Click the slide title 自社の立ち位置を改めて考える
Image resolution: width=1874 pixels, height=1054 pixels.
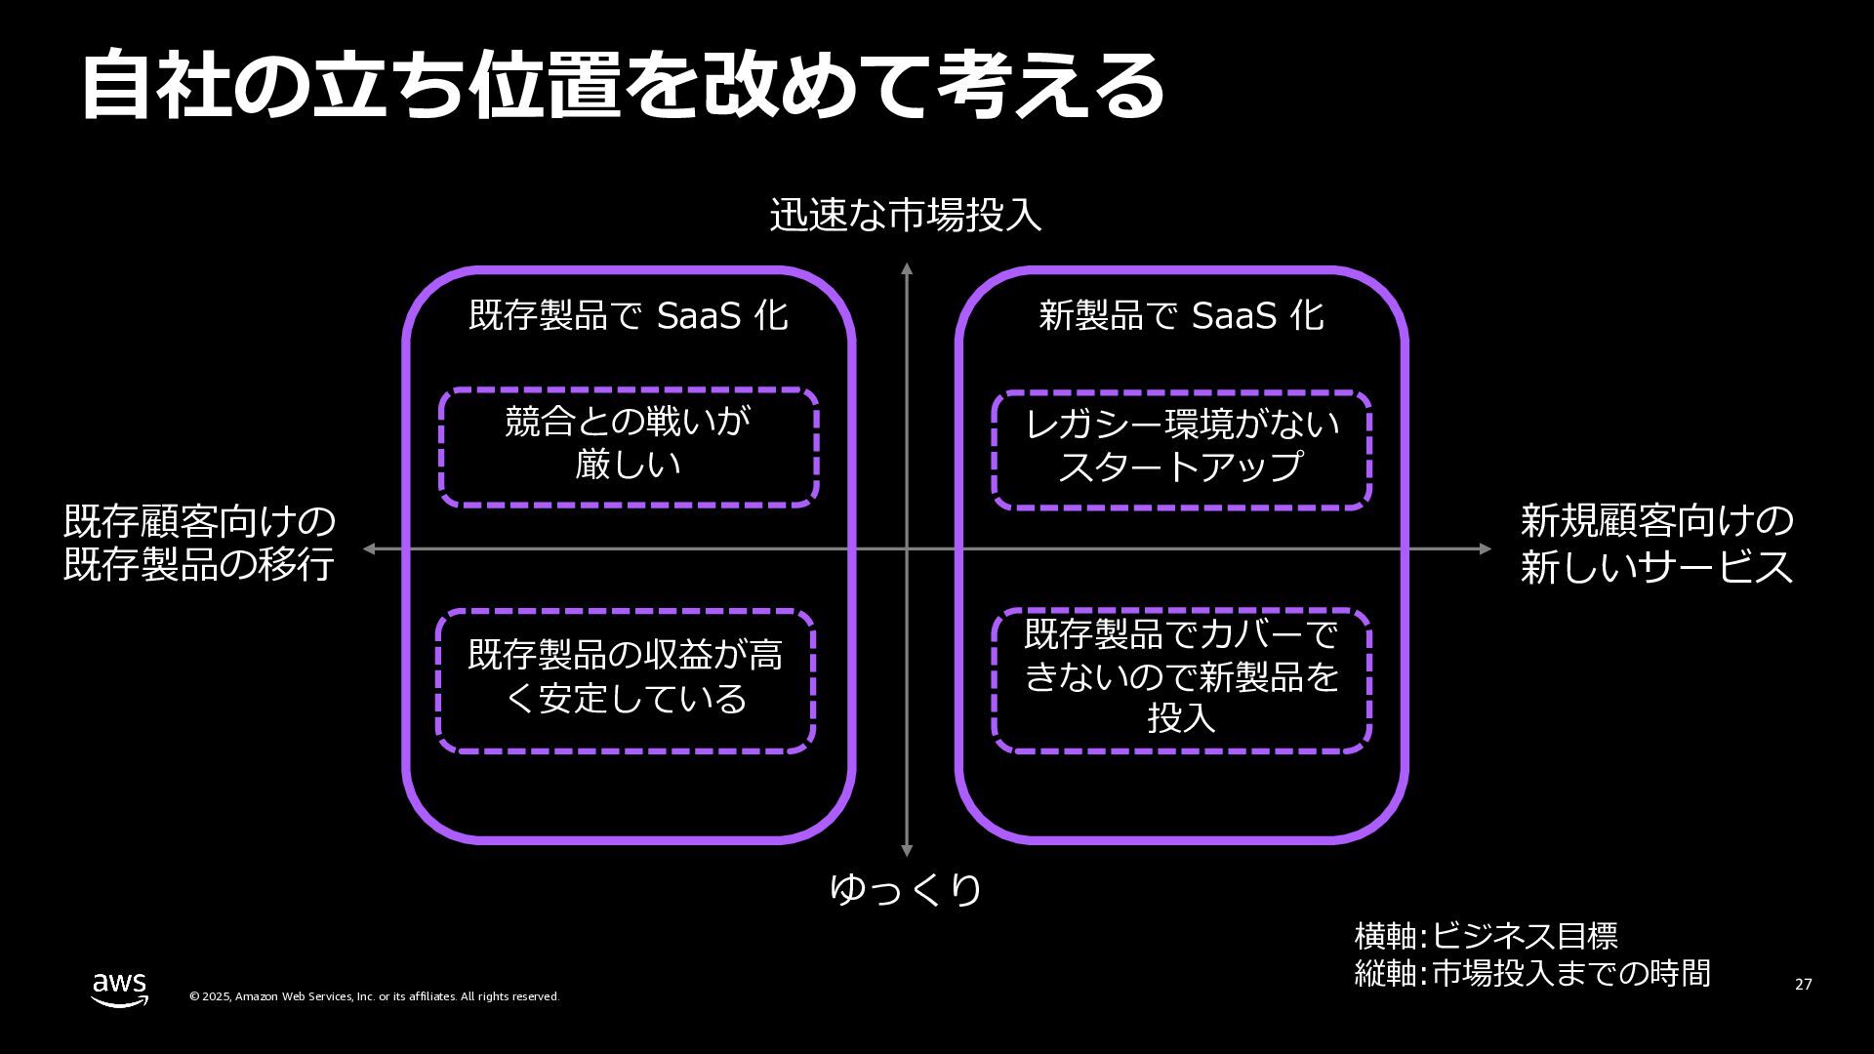click(623, 86)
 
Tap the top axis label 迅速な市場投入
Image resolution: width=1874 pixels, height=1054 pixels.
click(906, 215)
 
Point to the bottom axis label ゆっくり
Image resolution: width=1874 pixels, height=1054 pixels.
click(906, 889)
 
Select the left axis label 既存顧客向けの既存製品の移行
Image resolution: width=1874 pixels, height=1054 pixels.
click(199, 544)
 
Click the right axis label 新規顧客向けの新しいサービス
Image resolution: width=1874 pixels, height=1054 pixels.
click(1656, 544)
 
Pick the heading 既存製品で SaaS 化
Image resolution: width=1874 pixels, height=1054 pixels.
click(629, 315)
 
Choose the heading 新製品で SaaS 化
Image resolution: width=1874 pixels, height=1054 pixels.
click(1181, 315)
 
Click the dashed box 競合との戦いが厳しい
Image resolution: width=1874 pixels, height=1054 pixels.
click(629, 446)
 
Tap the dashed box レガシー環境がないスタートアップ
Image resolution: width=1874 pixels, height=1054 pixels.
click(1181, 449)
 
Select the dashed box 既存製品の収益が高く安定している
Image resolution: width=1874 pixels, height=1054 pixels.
click(626, 680)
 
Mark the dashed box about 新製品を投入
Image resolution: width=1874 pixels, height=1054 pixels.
click(1181, 680)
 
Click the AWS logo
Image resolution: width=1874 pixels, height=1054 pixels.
click(120, 988)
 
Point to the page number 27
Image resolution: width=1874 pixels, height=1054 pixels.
click(1803, 984)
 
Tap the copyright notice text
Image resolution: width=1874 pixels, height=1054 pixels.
click(374, 996)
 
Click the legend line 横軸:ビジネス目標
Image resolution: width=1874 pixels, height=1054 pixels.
click(1486, 936)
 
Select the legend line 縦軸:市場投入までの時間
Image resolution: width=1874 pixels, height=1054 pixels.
click(1532, 973)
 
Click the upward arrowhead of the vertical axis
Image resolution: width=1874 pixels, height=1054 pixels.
click(907, 268)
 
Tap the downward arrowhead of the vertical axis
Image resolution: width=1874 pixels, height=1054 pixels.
click(907, 851)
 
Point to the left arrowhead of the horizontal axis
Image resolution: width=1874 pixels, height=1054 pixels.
click(369, 548)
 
